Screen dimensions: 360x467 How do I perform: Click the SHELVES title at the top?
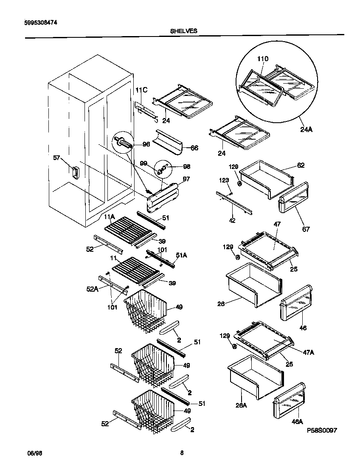184,31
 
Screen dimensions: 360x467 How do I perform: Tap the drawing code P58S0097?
322,430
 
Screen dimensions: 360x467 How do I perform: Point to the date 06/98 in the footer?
35,453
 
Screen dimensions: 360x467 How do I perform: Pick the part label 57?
57,158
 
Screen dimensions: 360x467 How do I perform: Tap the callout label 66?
194,148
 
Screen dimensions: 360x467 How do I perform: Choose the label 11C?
141,90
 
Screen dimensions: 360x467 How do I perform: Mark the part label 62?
301,165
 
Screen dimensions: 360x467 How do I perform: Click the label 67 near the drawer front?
306,229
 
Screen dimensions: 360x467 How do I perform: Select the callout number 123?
224,181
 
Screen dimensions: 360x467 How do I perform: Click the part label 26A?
241,405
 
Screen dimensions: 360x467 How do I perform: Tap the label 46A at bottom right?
297,422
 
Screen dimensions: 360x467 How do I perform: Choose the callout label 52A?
92,289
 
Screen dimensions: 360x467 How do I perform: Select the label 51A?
181,256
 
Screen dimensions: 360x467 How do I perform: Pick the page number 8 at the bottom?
182,453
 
